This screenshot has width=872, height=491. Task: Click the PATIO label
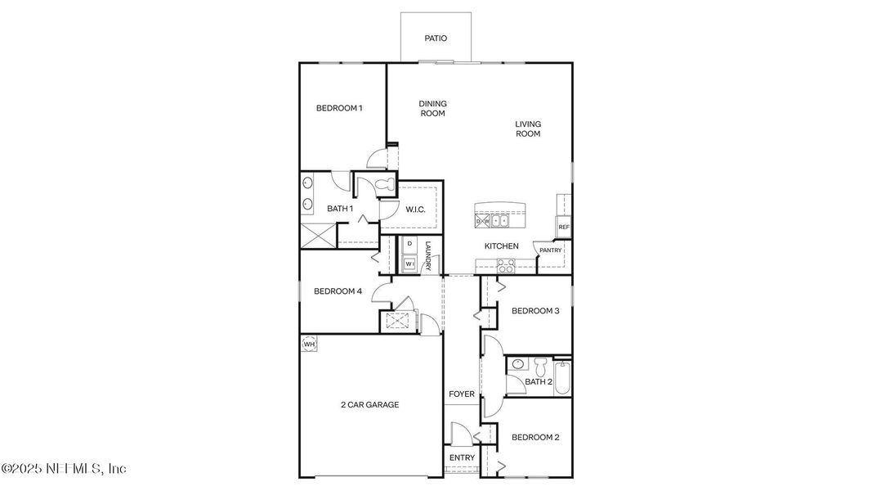(x=436, y=38)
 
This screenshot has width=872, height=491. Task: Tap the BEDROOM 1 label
(x=339, y=108)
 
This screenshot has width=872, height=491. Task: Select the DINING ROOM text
(x=432, y=109)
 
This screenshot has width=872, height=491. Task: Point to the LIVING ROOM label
(x=528, y=129)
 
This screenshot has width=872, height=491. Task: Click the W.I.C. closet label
(x=416, y=209)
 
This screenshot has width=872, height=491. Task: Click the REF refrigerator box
(x=563, y=227)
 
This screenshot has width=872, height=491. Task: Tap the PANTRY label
(x=551, y=250)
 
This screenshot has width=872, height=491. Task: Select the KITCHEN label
(x=502, y=245)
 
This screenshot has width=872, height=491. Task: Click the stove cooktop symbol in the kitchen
(x=506, y=265)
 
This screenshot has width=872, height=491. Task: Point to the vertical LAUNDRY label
(x=427, y=255)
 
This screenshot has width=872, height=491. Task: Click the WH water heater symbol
(x=309, y=345)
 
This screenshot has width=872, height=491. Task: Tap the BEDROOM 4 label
(x=338, y=291)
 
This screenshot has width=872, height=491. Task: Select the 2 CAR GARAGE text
(x=369, y=404)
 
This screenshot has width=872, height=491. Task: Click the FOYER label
(x=461, y=394)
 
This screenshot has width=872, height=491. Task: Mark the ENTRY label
(x=461, y=457)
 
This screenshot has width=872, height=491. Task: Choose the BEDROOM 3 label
(x=535, y=310)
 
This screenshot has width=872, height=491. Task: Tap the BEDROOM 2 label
(x=535, y=438)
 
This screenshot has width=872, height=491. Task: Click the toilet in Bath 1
(x=385, y=185)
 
